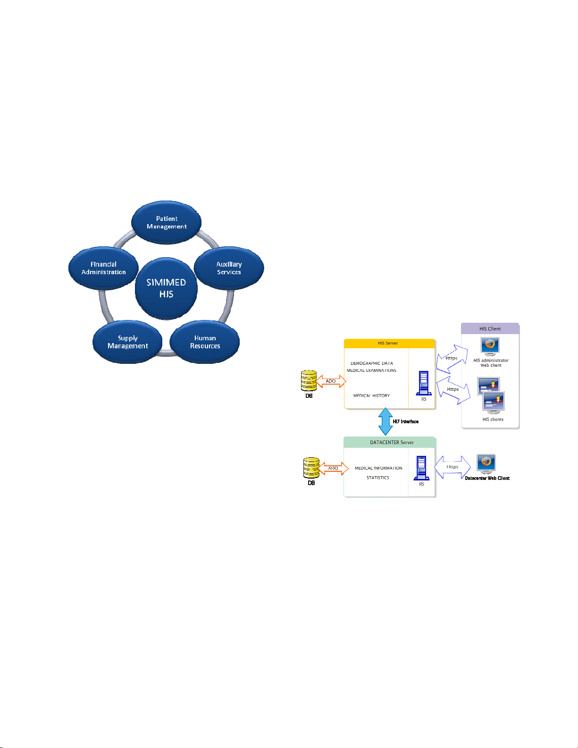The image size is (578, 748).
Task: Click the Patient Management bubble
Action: pyautogui.click(x=167, y=222)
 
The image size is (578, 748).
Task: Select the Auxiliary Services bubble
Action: pyautogui.click(x=229, y=268)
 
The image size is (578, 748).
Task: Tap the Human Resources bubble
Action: pyautogui.click(x=205, y=342)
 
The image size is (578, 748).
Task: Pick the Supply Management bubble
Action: pyautogui.click(x=127, y=342)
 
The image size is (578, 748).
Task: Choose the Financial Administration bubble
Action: pyautogui.click(x=103, y=268)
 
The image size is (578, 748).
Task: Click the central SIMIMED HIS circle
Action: pyautogui.click(x=166, y=288)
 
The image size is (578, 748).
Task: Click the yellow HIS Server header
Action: pyautogui.click(x=389, y=343)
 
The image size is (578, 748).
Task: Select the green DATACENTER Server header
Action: pyautogui.click(x=390, y=442)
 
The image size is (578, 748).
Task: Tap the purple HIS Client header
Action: pyautogui.click(x=490, y=328)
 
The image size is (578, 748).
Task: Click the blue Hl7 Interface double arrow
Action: pyautogui.click(x=385, y=421)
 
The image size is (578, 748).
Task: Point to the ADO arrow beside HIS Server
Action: pyautogui.click(x=331, y=381)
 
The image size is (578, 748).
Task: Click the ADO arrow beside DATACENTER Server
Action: pyautogui.click(x=333, y=469)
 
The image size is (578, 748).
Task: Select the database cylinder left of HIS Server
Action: pyautogui.click(x=309, y=381)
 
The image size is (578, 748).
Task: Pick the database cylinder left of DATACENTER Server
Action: pyautogui.click(x=311, y=468)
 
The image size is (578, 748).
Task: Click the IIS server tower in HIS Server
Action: pyautogui.click(x=424, y=383)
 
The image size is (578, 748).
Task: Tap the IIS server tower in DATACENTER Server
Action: pyautogui.click(x=421, y=468)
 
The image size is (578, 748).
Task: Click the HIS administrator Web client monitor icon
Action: pyautogui.click(x=490, y=346)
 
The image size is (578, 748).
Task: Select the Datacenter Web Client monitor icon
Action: pyautogui.click(x=486, y=464)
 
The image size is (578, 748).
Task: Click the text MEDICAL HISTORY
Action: pyautogui.click(x=371, y=395)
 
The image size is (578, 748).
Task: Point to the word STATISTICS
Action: pyautogui.click(x=377, y=478)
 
